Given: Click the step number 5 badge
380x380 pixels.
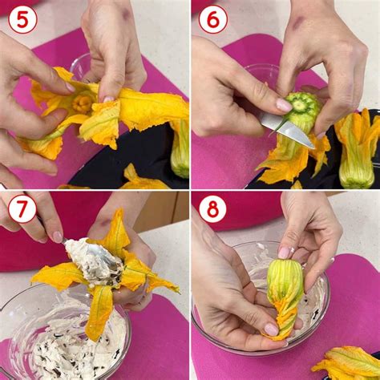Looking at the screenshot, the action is pyautogui.click(x=22, y=20).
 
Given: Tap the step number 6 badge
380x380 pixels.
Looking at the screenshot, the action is pyautogui.click(x=213, y=20).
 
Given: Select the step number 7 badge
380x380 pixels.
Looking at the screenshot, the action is pyautogui.click(x=22, y=209).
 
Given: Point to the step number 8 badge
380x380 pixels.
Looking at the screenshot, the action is pyautogui.click(x=213, y=209).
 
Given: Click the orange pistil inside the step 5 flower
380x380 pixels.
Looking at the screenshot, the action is pyautogui.click(x=82, y=104).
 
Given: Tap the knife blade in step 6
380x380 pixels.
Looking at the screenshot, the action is pyautogui.click(x=287, y=130).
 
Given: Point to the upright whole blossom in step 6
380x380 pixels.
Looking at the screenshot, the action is pyautogui.click(x=356, y=150).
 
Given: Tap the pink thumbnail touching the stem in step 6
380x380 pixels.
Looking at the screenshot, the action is pyautogui.click(x=284, y=105).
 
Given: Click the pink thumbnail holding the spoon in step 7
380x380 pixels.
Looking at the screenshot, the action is pyautogui.click(x=57, y=237).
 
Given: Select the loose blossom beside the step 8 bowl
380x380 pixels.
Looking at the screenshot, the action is pyautogui.click(x=347, y=363).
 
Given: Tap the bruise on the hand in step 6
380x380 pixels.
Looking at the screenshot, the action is pyautogui.click(x=297, y=25).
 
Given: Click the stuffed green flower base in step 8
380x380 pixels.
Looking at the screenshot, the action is pyautogui.click(x=285, y=281).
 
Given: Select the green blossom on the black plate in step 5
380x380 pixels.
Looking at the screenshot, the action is pyautogui.click(x=180, y=150).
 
